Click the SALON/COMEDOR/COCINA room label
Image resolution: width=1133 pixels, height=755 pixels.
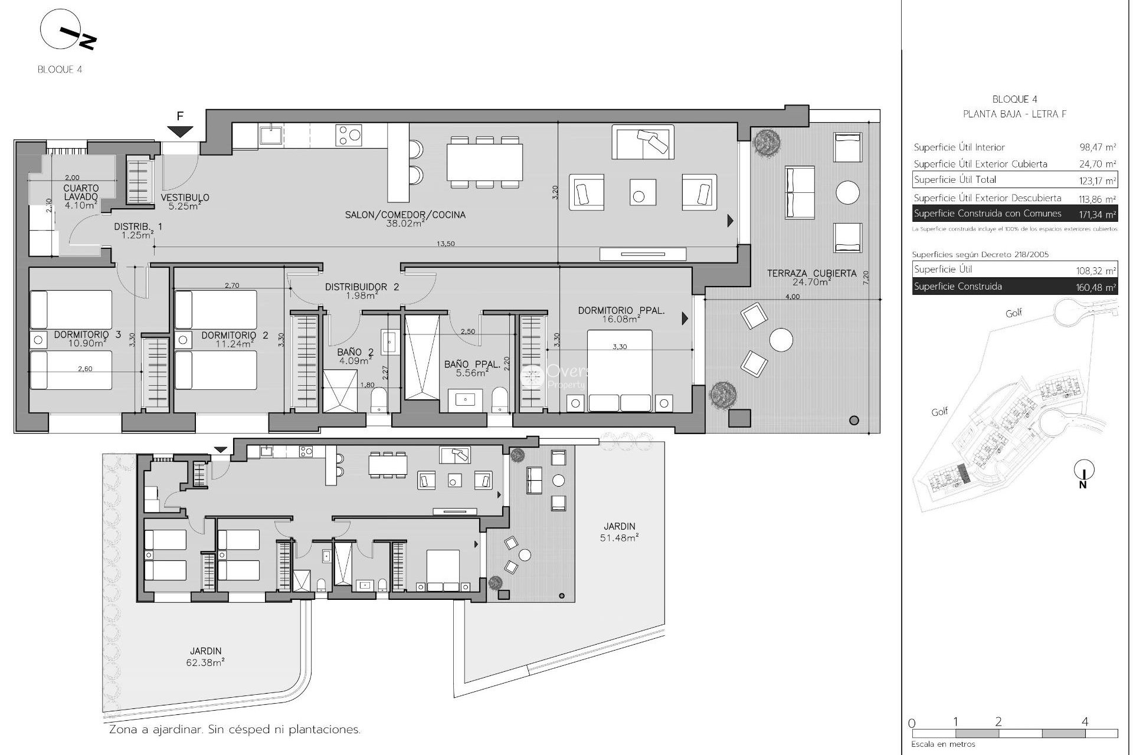coord(405,219)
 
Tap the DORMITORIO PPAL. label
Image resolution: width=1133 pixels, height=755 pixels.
coord(621,314)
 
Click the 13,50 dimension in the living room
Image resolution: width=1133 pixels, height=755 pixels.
coord(446,244)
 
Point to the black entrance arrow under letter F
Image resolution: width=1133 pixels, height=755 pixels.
coord(181,132)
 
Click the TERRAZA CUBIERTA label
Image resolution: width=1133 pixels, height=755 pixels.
coord(811,277)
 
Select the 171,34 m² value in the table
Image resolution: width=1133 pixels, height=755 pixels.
coord(1097,214)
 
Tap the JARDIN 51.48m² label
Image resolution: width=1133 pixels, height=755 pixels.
coord(620,531)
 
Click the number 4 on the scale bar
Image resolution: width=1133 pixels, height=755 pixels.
coord(1085,721)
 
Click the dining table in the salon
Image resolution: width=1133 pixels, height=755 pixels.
coord(484,163)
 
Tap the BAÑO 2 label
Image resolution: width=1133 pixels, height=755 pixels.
coord(355,356)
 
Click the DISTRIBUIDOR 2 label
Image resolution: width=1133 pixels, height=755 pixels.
coord(362,291)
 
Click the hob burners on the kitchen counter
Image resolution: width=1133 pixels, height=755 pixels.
coord(348,135)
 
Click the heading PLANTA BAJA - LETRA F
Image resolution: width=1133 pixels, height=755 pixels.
coord(1014,114)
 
